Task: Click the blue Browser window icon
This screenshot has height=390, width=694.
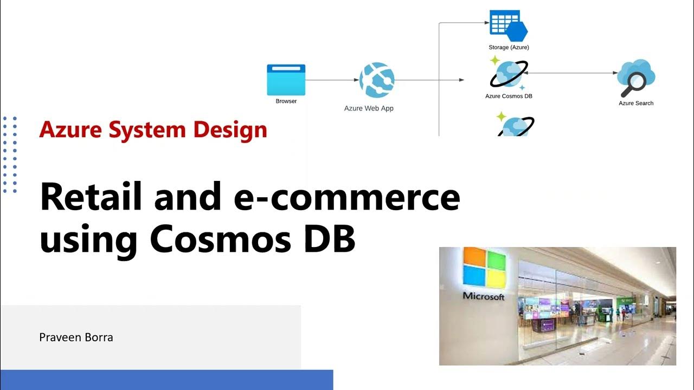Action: (286, 80)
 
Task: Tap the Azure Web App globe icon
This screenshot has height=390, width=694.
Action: (376, 80)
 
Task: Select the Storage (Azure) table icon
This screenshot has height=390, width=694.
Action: (508, 25)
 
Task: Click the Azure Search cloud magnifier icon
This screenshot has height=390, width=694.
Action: (636, 79)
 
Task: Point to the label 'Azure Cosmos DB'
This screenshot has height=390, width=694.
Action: (508, 96)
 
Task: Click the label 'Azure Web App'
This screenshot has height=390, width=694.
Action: (369, 108)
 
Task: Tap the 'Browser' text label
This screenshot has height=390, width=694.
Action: (286, 101)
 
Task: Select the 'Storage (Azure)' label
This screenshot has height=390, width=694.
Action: (509, 48)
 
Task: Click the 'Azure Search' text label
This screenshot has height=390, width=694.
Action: (636, 103)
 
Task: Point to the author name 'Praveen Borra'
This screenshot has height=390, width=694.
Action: (76, 337)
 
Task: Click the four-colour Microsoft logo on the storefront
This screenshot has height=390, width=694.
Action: (484, 269)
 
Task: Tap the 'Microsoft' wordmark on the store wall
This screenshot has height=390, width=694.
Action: (483, 296)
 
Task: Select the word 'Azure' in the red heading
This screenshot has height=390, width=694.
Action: (72, 130)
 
